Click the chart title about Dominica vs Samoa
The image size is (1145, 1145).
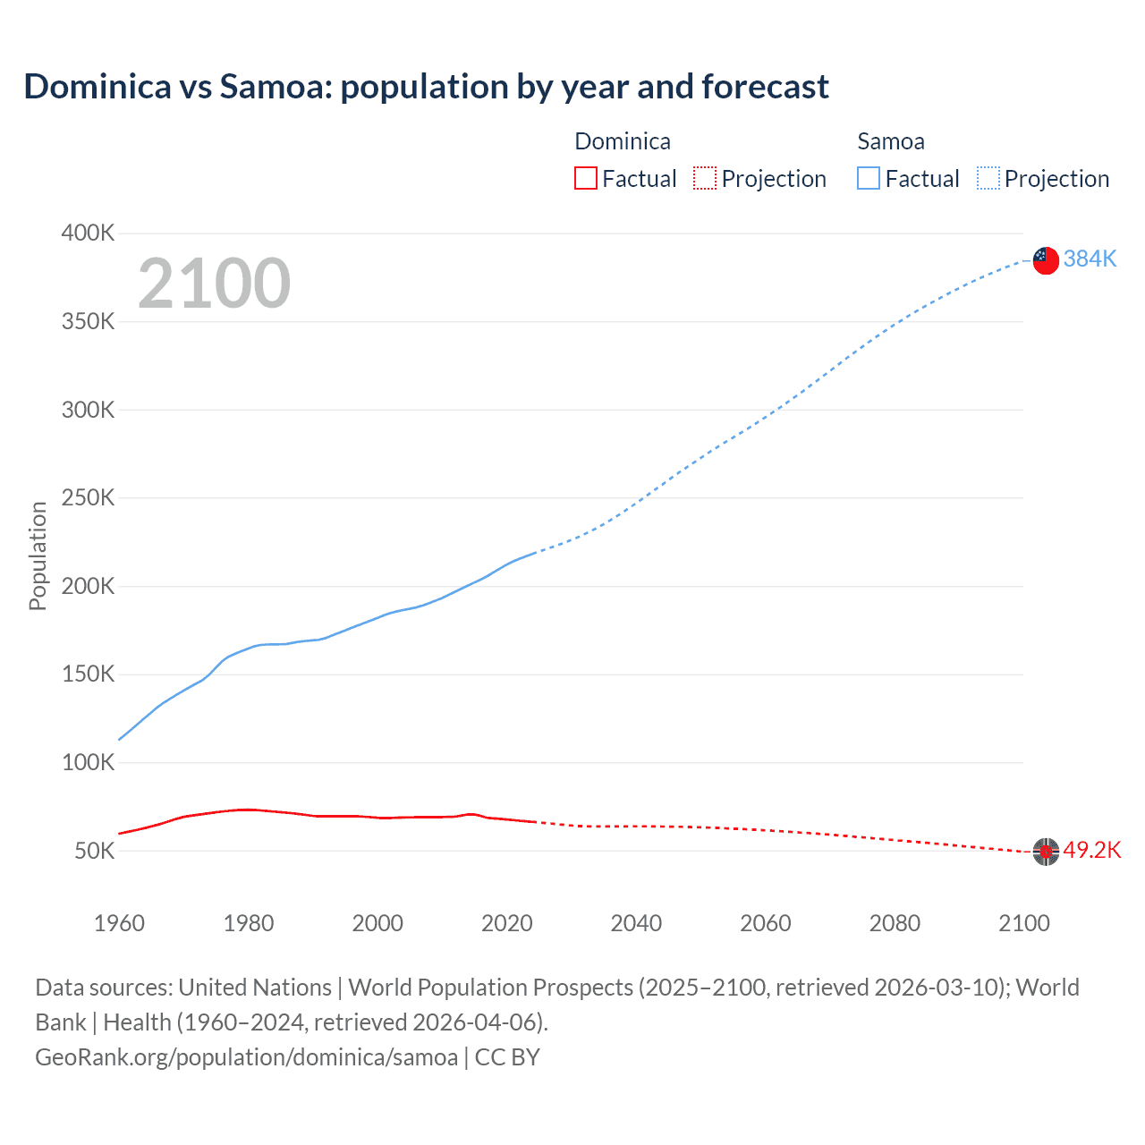tap(426, 87)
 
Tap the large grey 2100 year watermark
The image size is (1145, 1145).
tap(214, 284)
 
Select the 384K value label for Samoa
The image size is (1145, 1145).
tap(1090, 259)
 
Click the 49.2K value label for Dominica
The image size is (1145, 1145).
tap(1091, 850)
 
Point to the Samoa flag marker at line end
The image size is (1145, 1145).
tap(1046, 260)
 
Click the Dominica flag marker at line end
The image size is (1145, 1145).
tap(1046, 852)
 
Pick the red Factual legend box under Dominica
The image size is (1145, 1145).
tap(585, 179)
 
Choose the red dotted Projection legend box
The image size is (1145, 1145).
tap(705, 179)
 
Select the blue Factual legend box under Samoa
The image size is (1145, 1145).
tap(869, 179)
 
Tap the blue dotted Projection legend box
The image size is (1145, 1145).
tap(988, 179)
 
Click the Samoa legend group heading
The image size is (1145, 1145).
tap(890, 141)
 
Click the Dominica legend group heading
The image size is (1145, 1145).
tap(622, 141)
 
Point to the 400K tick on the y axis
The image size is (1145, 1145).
tap(88, 233)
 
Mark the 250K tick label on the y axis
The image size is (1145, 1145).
tap(88, 498)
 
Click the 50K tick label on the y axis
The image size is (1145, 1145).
tap(94, 851)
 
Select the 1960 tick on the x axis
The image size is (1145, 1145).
tap(119, 923)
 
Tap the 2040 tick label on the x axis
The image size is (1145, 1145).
tap(636, 923)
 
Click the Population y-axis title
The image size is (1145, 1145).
tap(38, 556)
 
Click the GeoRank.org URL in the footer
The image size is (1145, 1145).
tap(246, 1057)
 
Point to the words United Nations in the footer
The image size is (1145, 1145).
tap(255, 988)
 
